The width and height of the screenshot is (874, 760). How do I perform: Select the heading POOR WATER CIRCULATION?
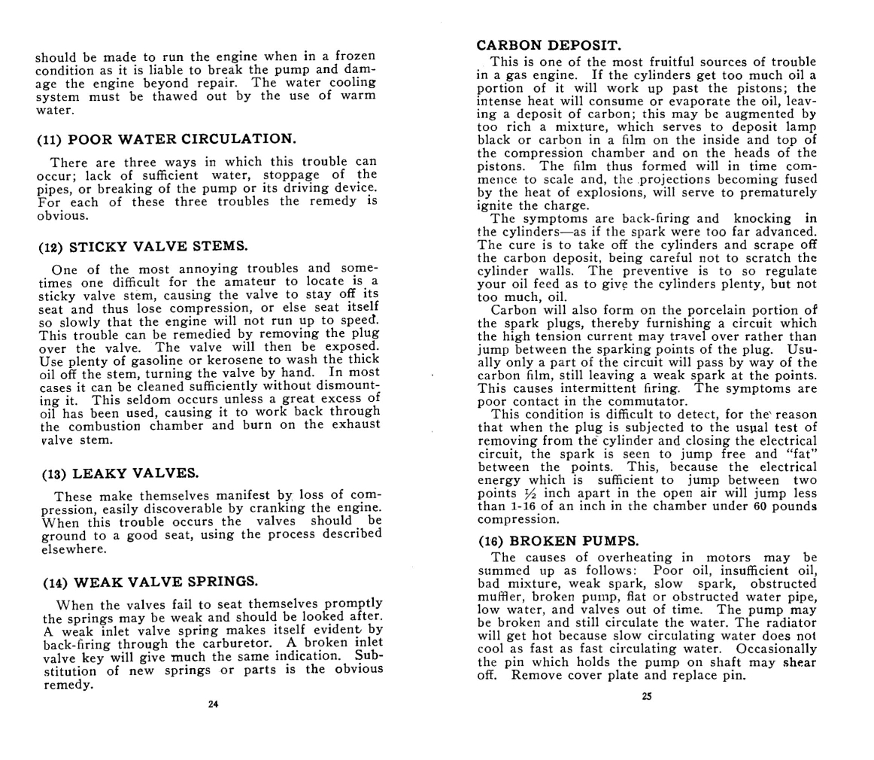165,139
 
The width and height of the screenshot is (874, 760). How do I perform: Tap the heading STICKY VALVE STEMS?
143,246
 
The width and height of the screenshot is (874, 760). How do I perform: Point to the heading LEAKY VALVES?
120,473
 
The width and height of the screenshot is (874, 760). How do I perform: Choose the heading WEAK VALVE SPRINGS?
150,582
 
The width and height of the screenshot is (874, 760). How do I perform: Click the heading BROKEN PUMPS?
558,541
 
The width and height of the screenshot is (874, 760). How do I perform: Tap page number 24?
213,704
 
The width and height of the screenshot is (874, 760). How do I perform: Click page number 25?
647,697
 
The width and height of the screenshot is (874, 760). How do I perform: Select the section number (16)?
492,541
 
